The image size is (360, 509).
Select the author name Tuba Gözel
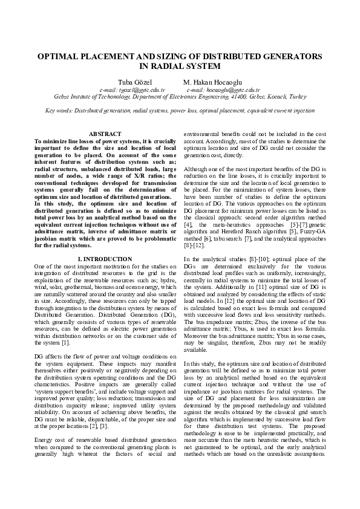pos(127,82)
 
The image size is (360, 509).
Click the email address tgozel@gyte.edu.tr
pos(126,89)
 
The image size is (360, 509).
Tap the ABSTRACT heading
pos(105,134)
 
